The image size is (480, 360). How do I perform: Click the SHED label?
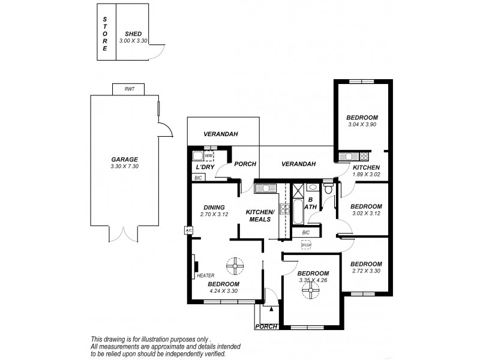(133, 35)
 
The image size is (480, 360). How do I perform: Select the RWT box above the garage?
(129, 89)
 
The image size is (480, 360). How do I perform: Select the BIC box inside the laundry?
(198, 178)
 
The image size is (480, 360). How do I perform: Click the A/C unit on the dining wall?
(188, 230)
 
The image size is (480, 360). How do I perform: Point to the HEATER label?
(201, 275)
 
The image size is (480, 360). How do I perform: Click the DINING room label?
(214, 207)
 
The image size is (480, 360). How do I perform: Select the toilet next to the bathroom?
(328, 188)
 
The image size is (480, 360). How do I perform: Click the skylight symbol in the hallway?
(306, 244)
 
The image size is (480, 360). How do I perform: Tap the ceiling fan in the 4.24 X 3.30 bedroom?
(234, 265)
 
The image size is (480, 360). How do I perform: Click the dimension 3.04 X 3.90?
(362, 124)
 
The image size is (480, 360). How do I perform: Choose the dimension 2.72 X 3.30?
(366, 272)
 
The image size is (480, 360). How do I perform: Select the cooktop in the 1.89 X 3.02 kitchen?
(347, 157)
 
